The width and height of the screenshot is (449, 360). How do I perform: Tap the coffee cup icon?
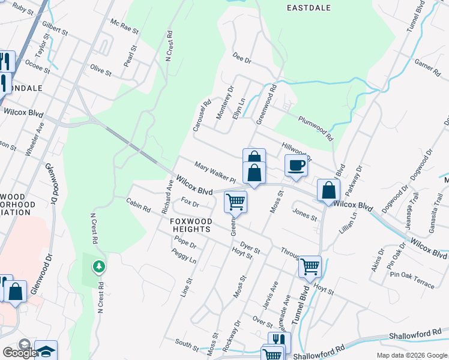tap(296, 164)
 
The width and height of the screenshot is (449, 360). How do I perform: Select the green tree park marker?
tap(98, 265)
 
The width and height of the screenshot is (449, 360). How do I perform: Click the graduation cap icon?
tap(46, 351)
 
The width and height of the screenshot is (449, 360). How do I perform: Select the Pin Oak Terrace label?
tap(411, 279)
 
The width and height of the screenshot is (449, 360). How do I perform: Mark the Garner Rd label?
tap(427, 67)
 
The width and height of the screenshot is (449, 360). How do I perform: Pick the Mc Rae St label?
tap(124, 25)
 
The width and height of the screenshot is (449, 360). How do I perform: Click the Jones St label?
tap(304, 214)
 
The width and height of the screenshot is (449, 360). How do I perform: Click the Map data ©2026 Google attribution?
tap(412, 355)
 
